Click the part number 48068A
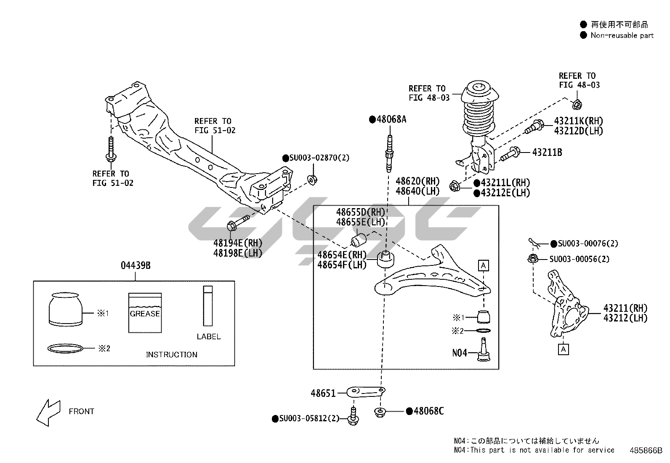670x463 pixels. pos(391,119)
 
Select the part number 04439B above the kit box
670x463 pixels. pos(136,265)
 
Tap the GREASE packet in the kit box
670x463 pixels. pos(145,313)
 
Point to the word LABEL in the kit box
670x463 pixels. pos(208,337)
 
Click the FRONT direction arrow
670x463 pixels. pos(48,411)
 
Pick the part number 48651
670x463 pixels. pos(323,393)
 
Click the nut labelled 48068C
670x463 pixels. pos(380,411)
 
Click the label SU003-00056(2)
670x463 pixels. pos(579,259)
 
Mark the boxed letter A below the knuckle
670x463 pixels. pos(563,349)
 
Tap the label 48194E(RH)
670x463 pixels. pos(237,243)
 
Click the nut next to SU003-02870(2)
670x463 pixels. pos(312,180)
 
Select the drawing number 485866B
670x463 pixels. pos(646,450)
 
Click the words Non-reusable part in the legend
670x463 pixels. pos(622,35)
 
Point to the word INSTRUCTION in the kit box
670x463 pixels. pos(171,355)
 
